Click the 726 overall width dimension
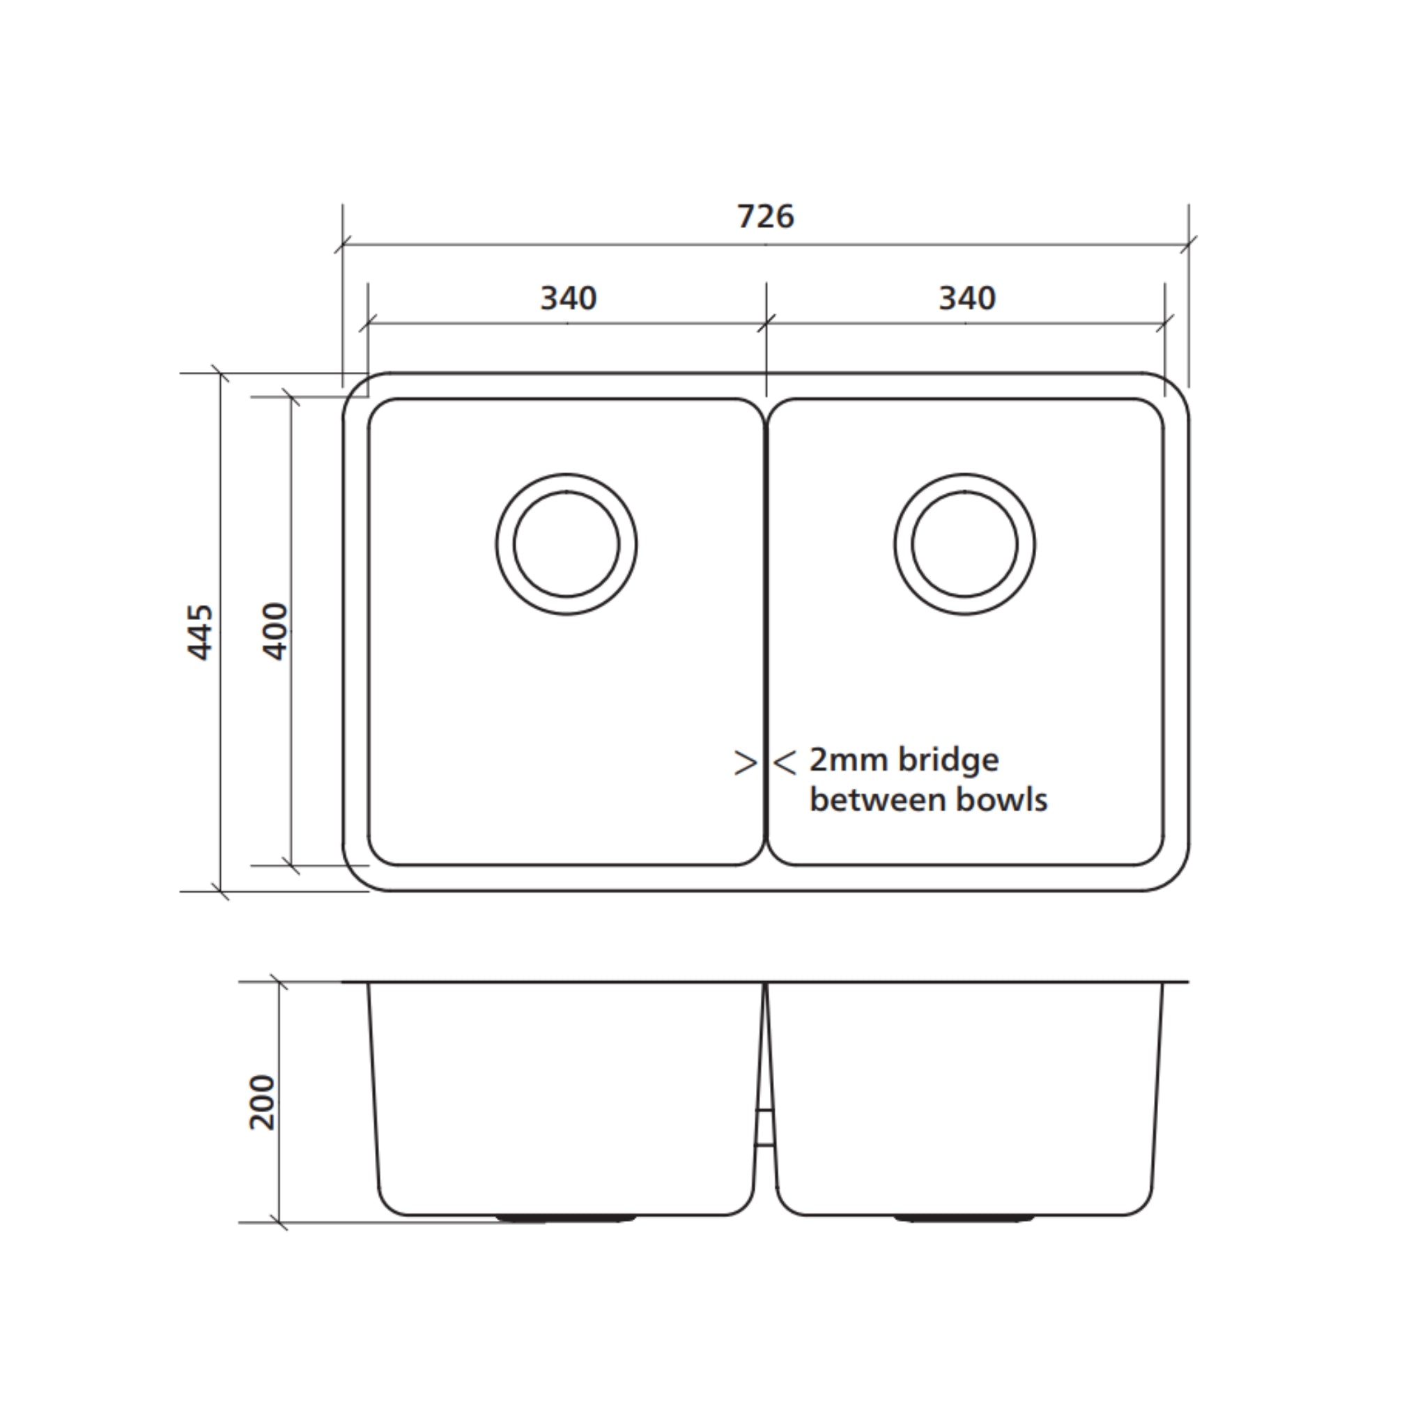(x=765, y=217)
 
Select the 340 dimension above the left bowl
(x=568, y=298)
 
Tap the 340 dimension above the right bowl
(x=967, y=298)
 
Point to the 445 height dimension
(x=200, y=632)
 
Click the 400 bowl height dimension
(x=275, y=631)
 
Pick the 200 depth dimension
(x=262, y=1103)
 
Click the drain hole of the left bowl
(x=566, y=544)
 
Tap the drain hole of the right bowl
(x=964, y=544)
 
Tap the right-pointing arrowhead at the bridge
(x=746, y=763)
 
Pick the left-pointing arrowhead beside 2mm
(x=785, y=763)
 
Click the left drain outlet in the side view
(x=566, y=1219)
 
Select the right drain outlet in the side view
(x=964, y=1219)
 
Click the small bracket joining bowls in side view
(x=765, y=1127)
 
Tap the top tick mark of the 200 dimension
(x=279, y=982)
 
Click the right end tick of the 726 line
(x=1189, y=244)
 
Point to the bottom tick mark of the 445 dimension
(x=221, y=891)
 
